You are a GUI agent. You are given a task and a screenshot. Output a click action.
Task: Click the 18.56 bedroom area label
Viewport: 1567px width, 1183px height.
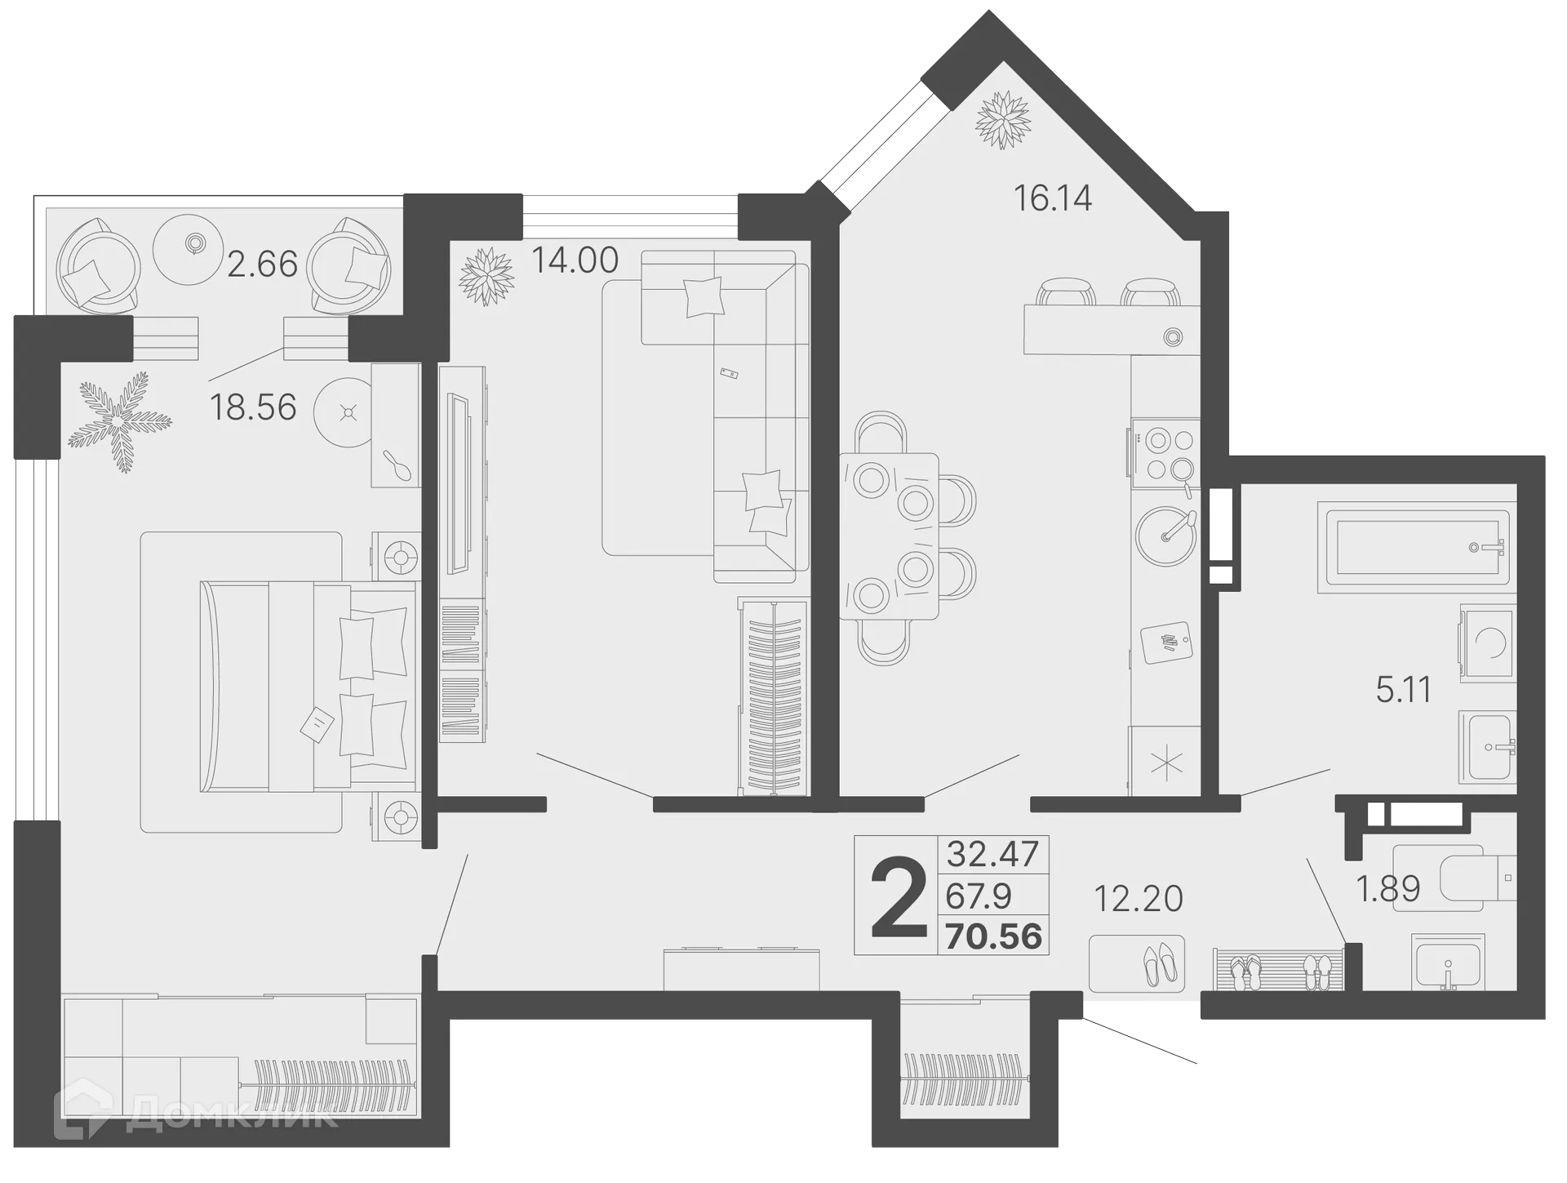click(253, 407)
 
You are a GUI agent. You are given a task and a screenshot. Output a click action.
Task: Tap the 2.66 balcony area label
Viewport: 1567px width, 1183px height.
click(262, 264)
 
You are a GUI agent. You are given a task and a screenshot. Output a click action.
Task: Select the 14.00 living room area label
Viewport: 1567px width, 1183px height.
click(575, 260)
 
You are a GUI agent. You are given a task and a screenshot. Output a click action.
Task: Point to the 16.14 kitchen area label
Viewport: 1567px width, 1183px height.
click(1052, 198)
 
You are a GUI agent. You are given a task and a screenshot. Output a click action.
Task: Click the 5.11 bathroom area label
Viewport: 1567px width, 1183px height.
click(1404, 691)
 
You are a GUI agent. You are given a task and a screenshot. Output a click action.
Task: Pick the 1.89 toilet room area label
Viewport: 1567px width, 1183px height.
click(1387, 888)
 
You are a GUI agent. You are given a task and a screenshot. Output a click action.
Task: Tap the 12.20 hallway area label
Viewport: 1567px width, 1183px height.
click(1138, 900)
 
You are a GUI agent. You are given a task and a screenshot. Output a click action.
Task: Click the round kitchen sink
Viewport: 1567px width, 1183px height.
click(1165, 535)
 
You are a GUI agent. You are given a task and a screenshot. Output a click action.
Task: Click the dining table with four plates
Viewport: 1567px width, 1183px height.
click(889, 536)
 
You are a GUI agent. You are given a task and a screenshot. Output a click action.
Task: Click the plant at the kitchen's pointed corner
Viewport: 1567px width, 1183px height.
click(1003, 119)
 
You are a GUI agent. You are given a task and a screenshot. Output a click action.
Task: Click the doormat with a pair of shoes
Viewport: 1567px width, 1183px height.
click(1136, 963)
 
